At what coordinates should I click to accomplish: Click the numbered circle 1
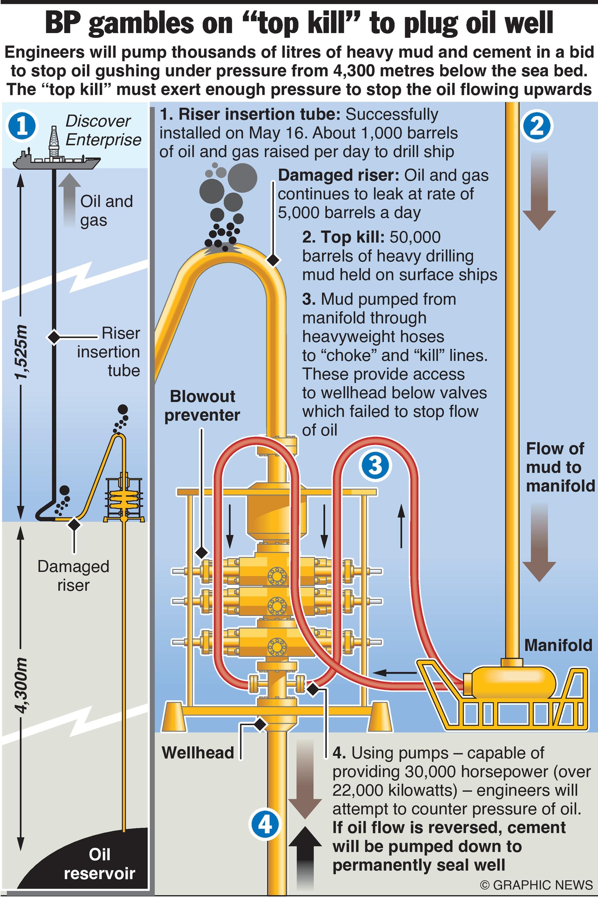tap(22, 127)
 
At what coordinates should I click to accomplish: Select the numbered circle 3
tap(375, 465)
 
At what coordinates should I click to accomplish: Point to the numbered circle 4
tap(265, 825)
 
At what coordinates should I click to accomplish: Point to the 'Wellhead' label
tap(198, 753)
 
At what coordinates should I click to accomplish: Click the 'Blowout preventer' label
tap(202, 405)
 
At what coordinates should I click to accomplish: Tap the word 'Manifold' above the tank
tap(558, 645)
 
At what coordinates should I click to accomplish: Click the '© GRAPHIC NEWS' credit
tap(536, 885)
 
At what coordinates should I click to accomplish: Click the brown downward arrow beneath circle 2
tap(539, 191)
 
